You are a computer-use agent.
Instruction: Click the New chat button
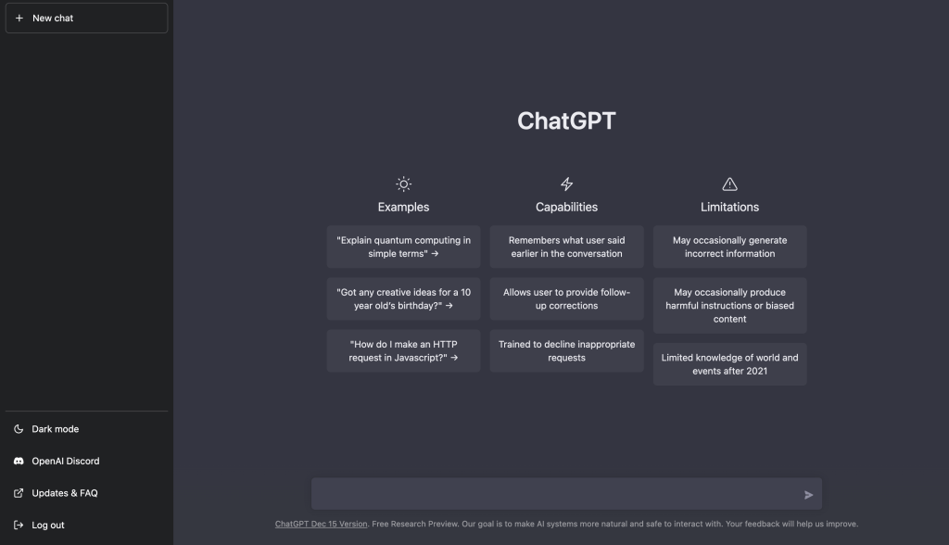[86, 18]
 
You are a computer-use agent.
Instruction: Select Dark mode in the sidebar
[55, 429]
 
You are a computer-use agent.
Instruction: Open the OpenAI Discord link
[65, 461]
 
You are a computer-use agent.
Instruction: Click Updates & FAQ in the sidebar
[64, 493]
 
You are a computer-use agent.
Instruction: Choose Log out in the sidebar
[47, 525]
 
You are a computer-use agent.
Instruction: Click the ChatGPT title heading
[566, 121]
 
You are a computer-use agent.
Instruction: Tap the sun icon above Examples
[403, 184]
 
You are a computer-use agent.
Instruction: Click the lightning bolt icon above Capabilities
[566, 184]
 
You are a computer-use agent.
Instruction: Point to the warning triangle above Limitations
[729, 184]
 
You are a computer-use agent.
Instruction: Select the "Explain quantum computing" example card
[403, 247]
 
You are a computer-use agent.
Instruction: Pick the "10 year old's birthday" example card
[403, 298]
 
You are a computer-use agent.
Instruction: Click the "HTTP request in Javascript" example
[403, 350]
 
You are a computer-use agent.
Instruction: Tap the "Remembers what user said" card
[566, 247]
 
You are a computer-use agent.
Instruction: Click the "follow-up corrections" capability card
[566, 298]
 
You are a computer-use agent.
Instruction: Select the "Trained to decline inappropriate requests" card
[566, 350]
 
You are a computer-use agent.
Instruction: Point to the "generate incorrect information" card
[729, 247]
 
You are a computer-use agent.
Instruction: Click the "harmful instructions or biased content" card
[729, 305]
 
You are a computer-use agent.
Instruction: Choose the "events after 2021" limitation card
[729, 364]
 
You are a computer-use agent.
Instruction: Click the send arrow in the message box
[808, 495]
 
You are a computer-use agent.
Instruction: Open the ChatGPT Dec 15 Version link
[321, 524]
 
